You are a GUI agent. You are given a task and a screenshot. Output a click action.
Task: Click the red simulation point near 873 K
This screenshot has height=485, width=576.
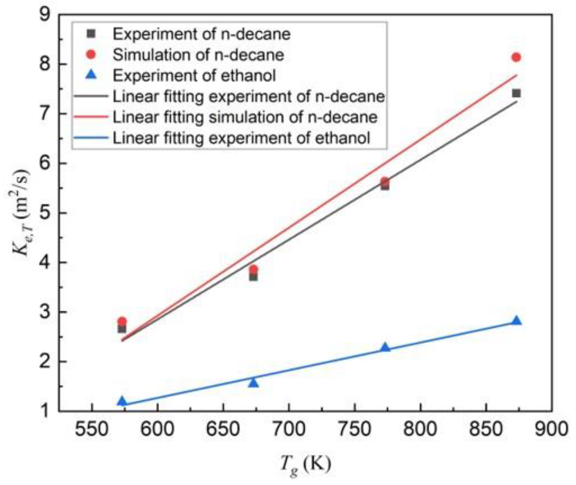[516, 57]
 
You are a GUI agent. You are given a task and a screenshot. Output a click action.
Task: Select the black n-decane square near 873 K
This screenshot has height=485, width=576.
[516, 93]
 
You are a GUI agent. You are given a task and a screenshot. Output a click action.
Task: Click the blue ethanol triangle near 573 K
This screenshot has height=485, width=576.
[122, 401]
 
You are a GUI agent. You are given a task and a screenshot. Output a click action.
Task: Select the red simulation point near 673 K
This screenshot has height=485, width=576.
[253, 269]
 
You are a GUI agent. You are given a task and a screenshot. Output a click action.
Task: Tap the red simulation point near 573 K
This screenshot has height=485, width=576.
[122, 321]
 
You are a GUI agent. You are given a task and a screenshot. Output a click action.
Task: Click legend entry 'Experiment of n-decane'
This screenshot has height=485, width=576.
[201, 34]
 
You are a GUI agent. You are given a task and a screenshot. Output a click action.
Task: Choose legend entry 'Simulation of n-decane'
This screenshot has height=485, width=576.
[198, 55]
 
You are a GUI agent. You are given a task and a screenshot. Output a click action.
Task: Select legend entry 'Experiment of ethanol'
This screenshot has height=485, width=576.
[194, 76]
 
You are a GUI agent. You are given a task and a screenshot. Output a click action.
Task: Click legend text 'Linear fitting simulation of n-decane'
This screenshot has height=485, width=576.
[245, 117]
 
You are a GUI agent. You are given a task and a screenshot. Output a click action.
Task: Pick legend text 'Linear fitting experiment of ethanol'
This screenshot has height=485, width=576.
[241, 138]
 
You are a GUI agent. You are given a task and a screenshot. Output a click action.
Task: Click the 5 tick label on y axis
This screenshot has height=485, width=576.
[45, 213]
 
